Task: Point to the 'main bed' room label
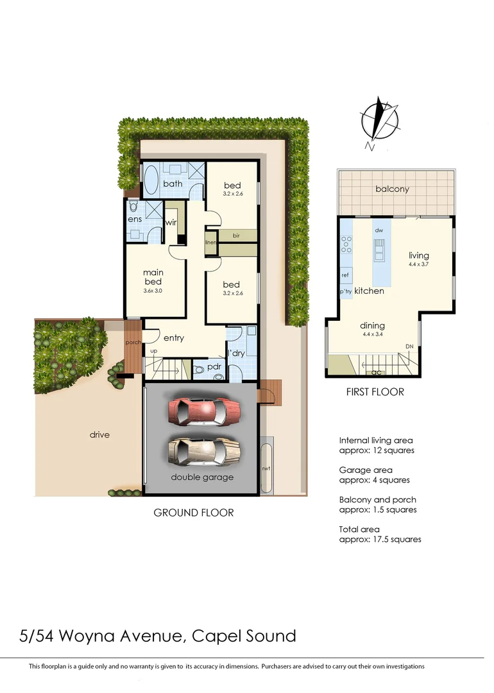[153, 277]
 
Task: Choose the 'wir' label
[171, 223]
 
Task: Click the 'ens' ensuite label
[134, 219]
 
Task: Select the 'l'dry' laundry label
[238, 353]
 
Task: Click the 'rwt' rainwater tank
[266, 468]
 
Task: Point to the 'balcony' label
[393, 189]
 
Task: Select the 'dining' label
[371, 325]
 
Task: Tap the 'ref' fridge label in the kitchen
[345, 275]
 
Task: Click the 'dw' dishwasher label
[379, 229]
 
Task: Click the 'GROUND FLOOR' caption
[193, 513]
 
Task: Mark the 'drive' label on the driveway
[99, 434]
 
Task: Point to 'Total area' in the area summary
[359, 529]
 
